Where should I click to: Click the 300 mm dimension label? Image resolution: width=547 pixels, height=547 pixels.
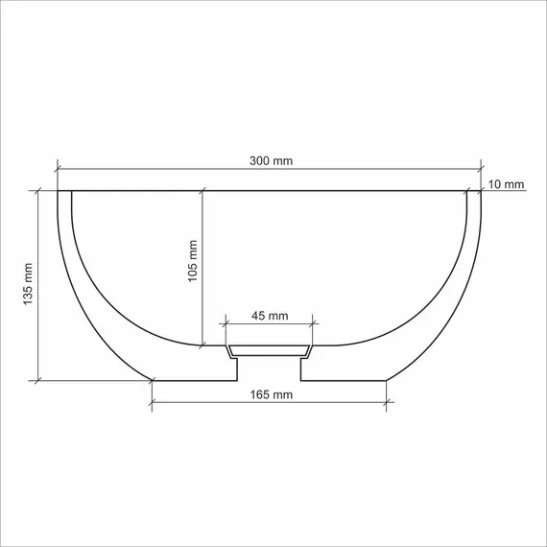coord(271,160)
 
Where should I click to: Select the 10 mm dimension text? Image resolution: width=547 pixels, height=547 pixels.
coord(506,183)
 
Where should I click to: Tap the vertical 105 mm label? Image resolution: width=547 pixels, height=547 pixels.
coord(192,260)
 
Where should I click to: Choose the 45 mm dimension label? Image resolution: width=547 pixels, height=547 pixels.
coord(270,315)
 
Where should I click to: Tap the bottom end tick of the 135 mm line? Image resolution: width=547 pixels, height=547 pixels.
coord(38,380)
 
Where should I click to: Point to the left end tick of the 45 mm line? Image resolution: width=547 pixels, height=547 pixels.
coord(226,324)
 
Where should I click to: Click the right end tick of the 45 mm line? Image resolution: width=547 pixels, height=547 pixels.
coord(314,324)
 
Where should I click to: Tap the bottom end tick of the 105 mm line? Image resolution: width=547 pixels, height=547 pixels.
coord(202,344)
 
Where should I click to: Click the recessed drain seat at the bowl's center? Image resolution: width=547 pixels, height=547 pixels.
coord(270,347)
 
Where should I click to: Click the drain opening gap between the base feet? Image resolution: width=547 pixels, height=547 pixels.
coord(270,369)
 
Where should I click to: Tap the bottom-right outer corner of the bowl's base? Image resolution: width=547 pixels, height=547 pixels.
coord(387,380)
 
